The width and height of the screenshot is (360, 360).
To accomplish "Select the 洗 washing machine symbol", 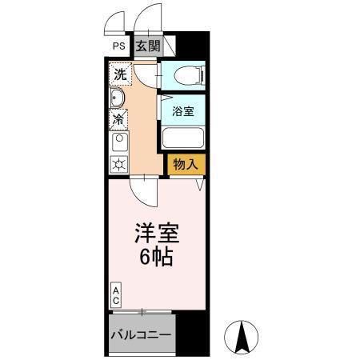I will tap(119, 74).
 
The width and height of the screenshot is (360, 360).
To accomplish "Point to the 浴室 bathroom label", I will tap(183, 112).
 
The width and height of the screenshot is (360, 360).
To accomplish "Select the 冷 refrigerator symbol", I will tap(118, 120).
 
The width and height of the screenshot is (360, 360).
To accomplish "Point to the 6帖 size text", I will tap(155, 258).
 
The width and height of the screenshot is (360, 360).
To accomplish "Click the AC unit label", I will tap(116, 294).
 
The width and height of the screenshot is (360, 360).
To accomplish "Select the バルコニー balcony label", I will tap(140, 335).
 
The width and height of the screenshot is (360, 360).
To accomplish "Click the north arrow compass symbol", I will tap(242, 337).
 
